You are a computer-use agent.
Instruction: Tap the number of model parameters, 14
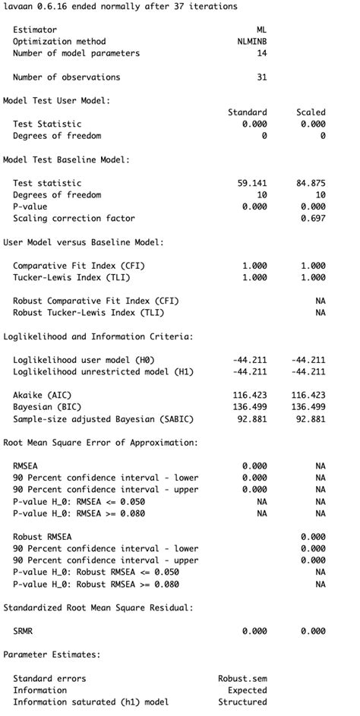pos(262,53)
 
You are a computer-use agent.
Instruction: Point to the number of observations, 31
pos(262,77)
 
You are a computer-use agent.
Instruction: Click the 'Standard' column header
pos(248,112)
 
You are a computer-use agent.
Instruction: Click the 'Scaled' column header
pos(311,112)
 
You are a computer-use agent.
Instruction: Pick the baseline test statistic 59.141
pos(252,183)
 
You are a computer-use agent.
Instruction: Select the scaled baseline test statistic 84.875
pos(311,183)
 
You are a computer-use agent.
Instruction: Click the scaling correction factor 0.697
pos(313,218)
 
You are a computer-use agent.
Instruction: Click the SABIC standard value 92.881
pos(252,419)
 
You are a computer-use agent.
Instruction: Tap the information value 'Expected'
pos(247,690)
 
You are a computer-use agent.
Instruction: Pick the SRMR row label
pos(23,631)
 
